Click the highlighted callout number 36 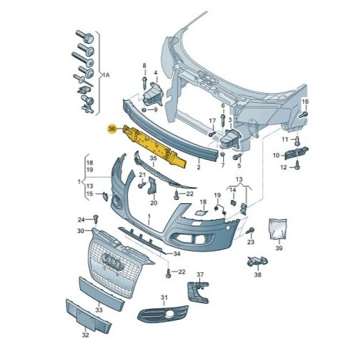[x=112, y=129]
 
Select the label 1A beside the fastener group [x=106, y=75]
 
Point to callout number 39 [x=279, y=248]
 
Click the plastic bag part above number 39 [x=278, y=228]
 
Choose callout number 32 [x=85, y=335]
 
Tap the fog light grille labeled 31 [x=162, y=313]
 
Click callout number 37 [x=200, y=275]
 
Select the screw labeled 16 [x=304, y=115]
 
